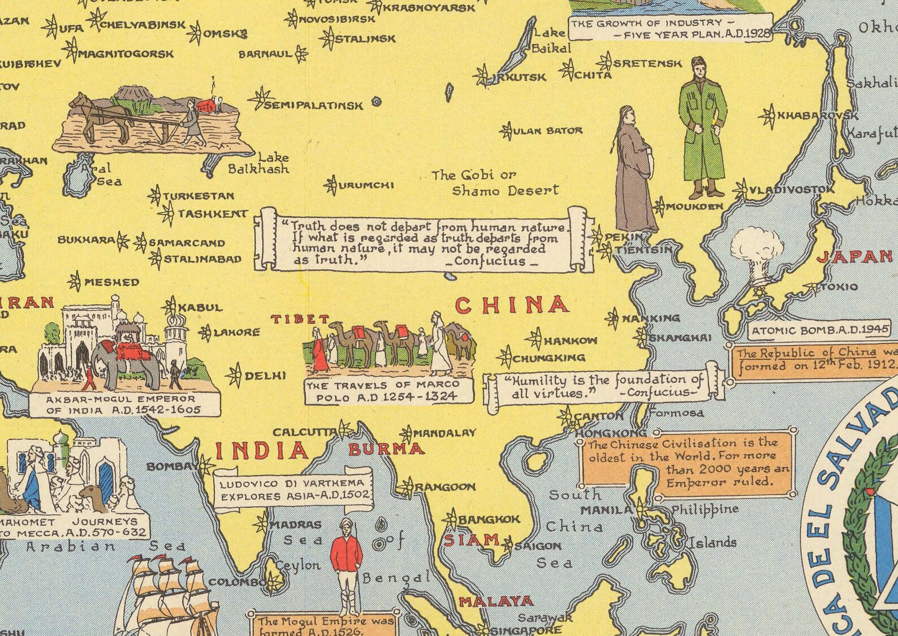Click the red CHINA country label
tap(512, 305)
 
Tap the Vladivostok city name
tap(791, 190)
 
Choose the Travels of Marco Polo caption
tap(389, 390)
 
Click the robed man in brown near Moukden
tap(635, 170)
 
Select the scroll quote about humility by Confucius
tap(603, 386)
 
